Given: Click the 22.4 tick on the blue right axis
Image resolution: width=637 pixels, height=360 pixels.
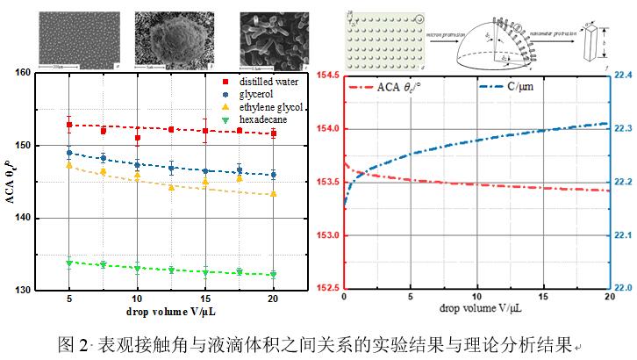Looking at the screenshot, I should point(620,76).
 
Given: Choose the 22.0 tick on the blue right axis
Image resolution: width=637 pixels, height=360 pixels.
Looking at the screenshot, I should point(620,288).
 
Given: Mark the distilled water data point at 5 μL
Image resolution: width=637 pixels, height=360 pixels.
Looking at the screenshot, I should point(69,125).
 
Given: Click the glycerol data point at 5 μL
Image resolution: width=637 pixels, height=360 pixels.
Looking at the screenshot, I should point(69,153).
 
